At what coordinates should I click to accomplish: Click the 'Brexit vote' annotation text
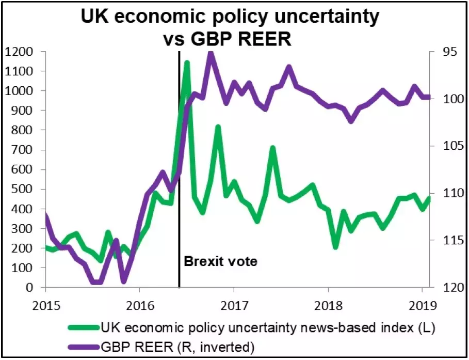click(220, 261)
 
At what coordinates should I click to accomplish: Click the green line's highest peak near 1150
click(187, 62)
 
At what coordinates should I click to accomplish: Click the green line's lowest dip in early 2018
click(336, 246)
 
